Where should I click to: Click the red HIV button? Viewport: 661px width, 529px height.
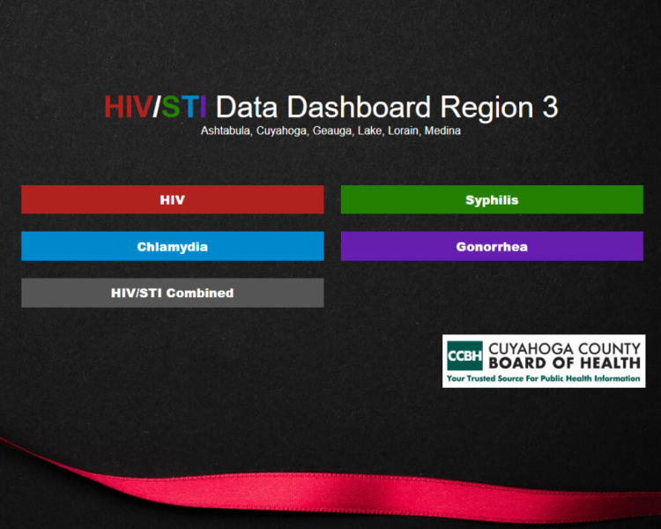(x=173, y=199)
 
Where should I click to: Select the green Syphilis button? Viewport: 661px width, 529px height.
(x=492, y=199)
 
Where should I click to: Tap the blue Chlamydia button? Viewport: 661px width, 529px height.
(x=173, y=246)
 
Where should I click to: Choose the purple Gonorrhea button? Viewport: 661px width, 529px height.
(x=492, y=246)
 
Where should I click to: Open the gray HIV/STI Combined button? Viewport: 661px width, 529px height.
(x=173, y=293)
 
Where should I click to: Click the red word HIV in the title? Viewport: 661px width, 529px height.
(x=128, y=107)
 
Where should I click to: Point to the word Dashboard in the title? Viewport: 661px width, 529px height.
(x=359, y=107)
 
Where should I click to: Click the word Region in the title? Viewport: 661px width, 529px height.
(x=486, y=108)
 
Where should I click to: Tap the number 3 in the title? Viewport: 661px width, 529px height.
(x=550, y=107)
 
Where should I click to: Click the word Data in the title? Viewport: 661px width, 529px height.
(x=247, y=107)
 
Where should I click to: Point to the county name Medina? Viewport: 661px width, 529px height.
(x=442, y=130)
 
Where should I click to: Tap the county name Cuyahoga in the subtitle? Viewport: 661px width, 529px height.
(x=282, y=131)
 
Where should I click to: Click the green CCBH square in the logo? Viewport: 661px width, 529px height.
(x=465, y=355)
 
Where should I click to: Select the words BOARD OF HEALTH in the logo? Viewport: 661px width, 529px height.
(x=564, y=362)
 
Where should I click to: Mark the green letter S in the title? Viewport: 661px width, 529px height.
(x=170, y=107)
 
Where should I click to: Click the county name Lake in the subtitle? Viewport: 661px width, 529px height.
(x=370, y=130)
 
